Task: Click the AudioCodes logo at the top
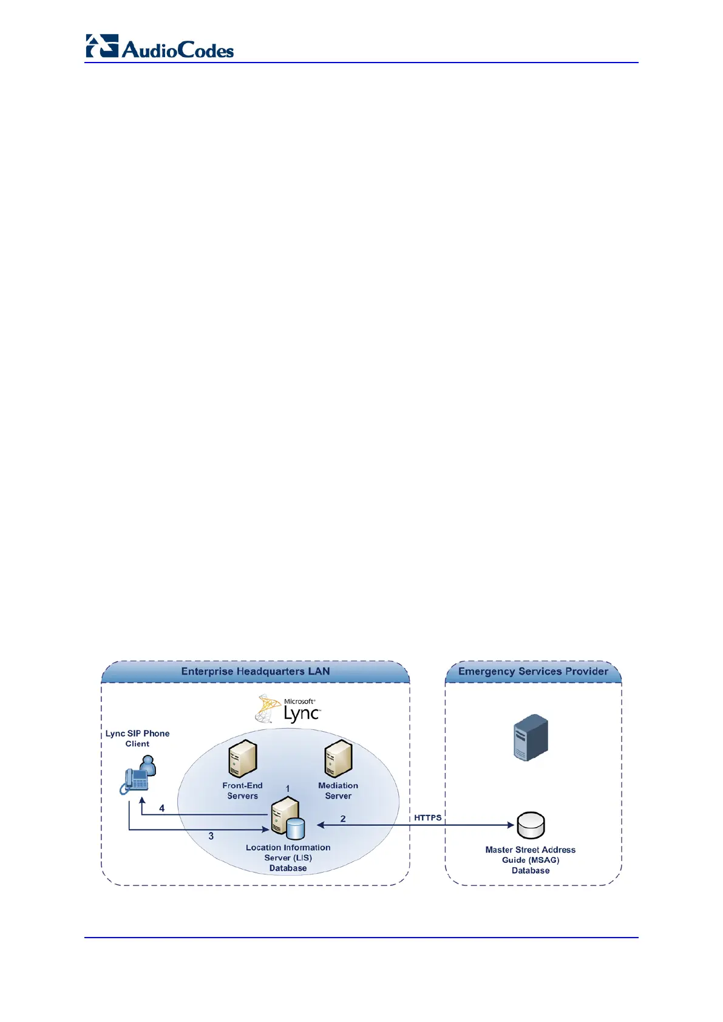tap(160, 47)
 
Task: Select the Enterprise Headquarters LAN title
tap(255, 671)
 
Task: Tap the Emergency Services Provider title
tap(533, 671)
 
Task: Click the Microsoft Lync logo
tap(288, 709)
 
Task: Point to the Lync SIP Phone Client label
tap(137, 738)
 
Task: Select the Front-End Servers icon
tap(243, 759)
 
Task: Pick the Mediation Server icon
tap(338, 759)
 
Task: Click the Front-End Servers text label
tap(242, 791)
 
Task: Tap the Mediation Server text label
tap(338, 791)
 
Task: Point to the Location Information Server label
tap(288, 857)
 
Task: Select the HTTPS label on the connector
tap(428, 818)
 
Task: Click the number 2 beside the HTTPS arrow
tap(343, 819)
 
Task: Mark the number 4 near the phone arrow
tap(162, 808)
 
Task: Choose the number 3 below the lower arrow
tap(211, 836)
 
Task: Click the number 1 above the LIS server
tap(288, 788)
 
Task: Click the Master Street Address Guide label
tap(531, 860)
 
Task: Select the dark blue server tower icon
tap(531, 738)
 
